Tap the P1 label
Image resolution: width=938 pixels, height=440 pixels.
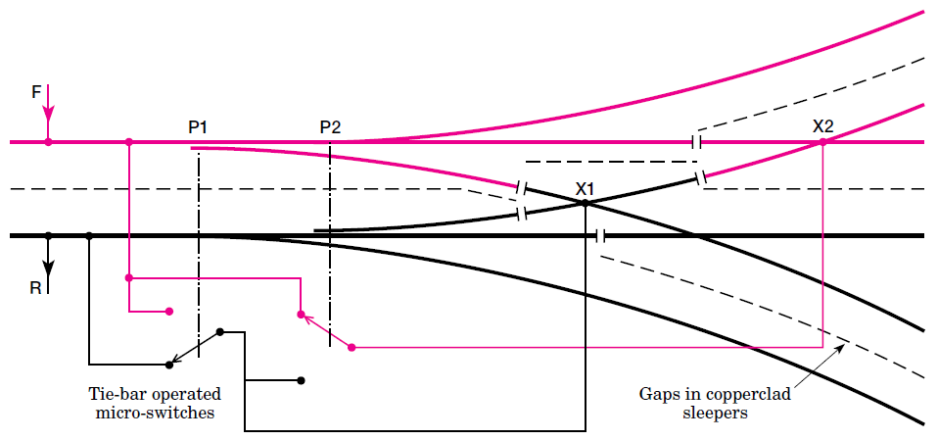[x=198, y=127]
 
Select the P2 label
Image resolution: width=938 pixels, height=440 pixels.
[x=330, y=127]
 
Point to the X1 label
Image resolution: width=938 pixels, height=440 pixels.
[x=586, y=187]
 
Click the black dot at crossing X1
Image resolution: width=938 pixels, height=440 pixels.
[x=585, y=203]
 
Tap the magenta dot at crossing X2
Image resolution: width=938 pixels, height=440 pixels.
[x=822, y=142]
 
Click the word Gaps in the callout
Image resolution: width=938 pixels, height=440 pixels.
[x=660, y=394]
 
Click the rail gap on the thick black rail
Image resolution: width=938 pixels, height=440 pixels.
[x=601, y=236]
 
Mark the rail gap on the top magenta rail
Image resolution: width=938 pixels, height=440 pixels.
[x=696, y=142]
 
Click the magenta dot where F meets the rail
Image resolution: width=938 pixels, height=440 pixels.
[x=49, y=142]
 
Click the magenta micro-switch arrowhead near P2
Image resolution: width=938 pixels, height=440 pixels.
[x=305, y=318]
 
